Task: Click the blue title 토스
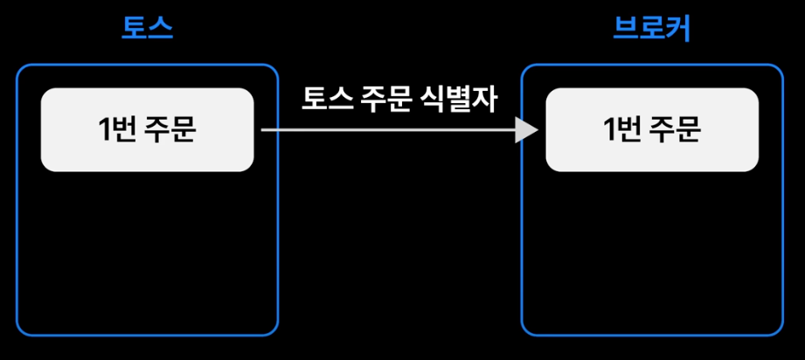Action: tap(147, 30)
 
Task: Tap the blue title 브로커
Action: tap(652, 30)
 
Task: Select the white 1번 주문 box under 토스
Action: tap(147, 129)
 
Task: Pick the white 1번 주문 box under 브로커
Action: tap(652, 129)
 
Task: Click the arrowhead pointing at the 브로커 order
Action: tap(527, 130)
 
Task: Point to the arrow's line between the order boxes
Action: tap(385, 130)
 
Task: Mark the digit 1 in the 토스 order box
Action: tap(105, 130)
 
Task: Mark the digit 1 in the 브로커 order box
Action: tap(610, 130)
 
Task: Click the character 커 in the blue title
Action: tap(678, 30)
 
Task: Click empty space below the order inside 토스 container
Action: tap(147, 253)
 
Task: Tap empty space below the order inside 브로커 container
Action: tap(652, 253)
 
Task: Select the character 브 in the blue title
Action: tap(626, 30)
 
